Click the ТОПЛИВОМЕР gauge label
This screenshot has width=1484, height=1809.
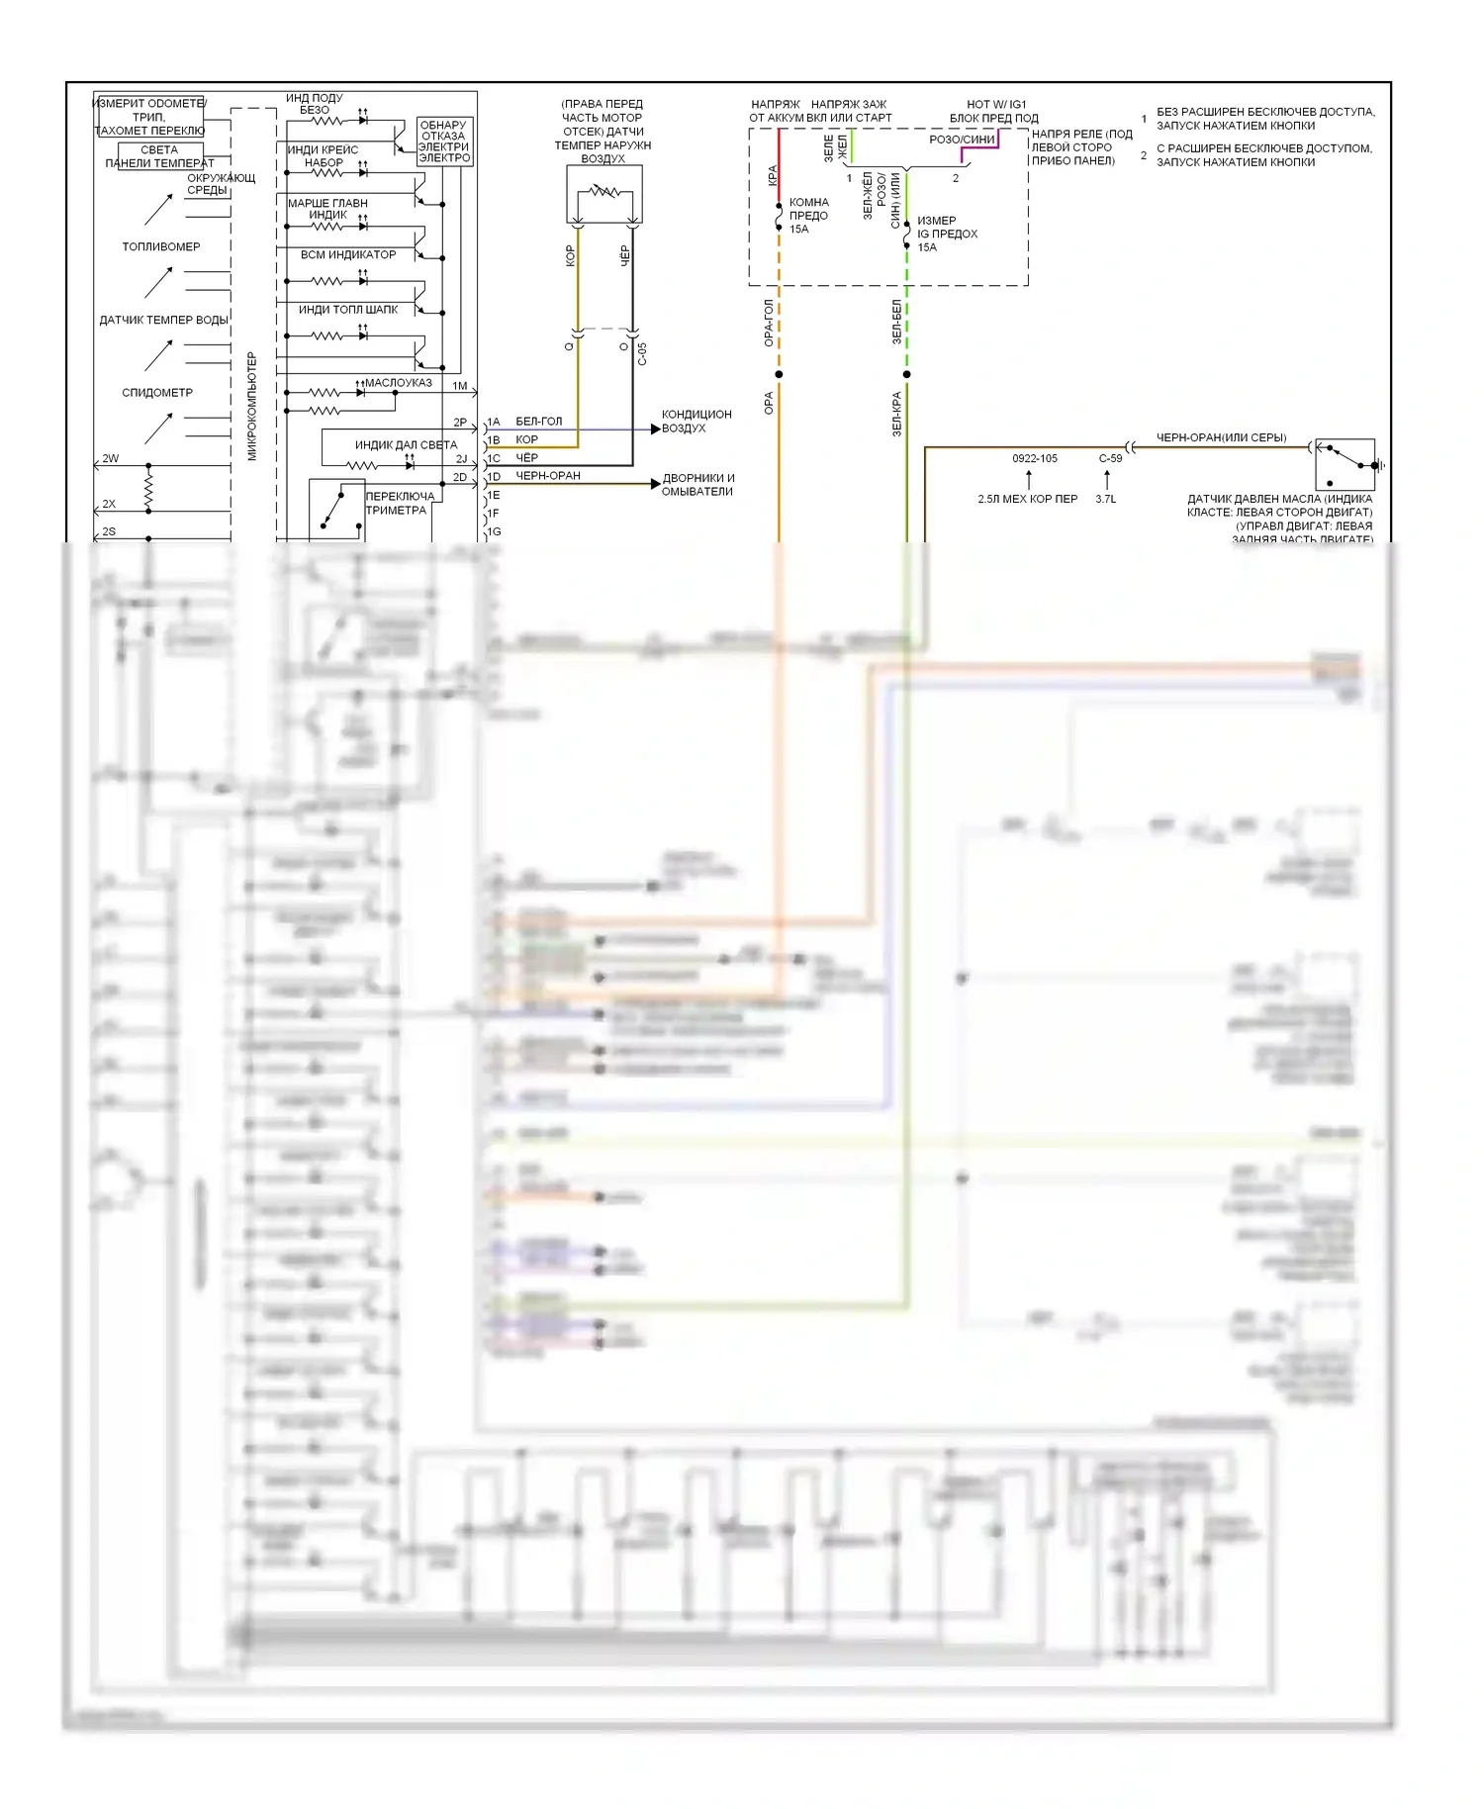coord(160,246)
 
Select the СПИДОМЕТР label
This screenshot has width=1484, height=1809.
coord(157,393)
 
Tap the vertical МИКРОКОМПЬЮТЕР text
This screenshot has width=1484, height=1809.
coord(251,406)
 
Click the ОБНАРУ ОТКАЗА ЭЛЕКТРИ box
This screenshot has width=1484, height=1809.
coord(444,142)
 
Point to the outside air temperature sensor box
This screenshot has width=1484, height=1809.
coord(603,194)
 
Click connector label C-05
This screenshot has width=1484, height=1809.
coord(642,354)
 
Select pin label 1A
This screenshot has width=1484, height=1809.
coord(494,422)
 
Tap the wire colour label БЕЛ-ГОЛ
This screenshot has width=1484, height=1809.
coord(539,422)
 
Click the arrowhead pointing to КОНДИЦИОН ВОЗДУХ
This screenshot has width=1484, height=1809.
coord(655,428)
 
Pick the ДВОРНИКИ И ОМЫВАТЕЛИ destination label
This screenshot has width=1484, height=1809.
coord(698,485)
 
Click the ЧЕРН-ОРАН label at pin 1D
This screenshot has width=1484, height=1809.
coord(548,476)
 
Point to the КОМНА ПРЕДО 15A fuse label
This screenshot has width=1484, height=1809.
coord(808,216)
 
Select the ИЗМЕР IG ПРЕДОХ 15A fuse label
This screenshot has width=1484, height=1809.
coord(947,235)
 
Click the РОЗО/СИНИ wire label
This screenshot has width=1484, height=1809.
coord(962,140)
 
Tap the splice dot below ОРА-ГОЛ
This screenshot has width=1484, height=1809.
coord(779,374)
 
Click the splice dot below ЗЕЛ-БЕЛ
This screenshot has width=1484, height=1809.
coord(906,374)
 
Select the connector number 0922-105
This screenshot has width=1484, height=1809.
coord(1034,458)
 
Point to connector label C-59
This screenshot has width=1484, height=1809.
coord(1110,458)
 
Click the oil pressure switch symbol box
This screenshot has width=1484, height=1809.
coord(1345,464)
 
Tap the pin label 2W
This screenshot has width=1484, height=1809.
coord(110,459)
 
